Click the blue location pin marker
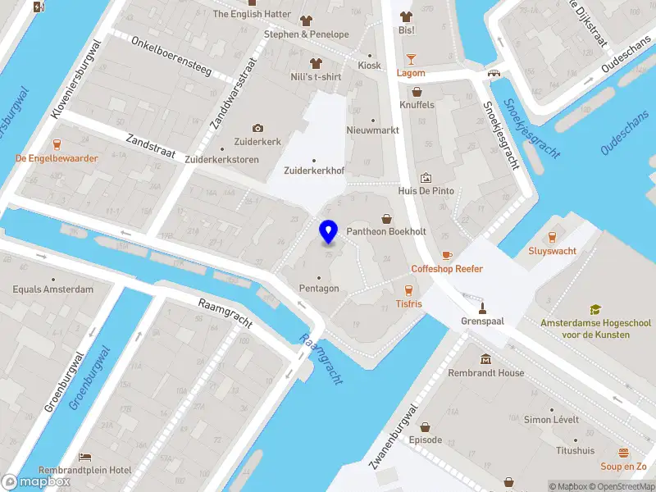(x=328, y=231)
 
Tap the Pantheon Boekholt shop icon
(x=387, y=219)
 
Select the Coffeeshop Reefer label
(x=447, y=269)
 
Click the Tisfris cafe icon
(x=408, y=289)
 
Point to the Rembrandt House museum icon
(x=486, y=360)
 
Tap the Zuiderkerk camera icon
(x=257, y=128)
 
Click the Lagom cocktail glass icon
(x=411, y=59)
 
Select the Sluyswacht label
(x=551, y=251)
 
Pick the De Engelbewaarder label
(x=57, y=158)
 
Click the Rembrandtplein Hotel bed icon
(x=84, y=457)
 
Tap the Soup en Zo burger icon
(x=624, y=453)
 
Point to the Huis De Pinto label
(x=426, y=190)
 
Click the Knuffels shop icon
(x=417, y=92)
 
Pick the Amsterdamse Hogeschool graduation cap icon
(x=596, y=310)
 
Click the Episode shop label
(x=425, y=440)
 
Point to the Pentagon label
(x=318, y=289)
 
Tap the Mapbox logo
(x=37, y=481)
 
